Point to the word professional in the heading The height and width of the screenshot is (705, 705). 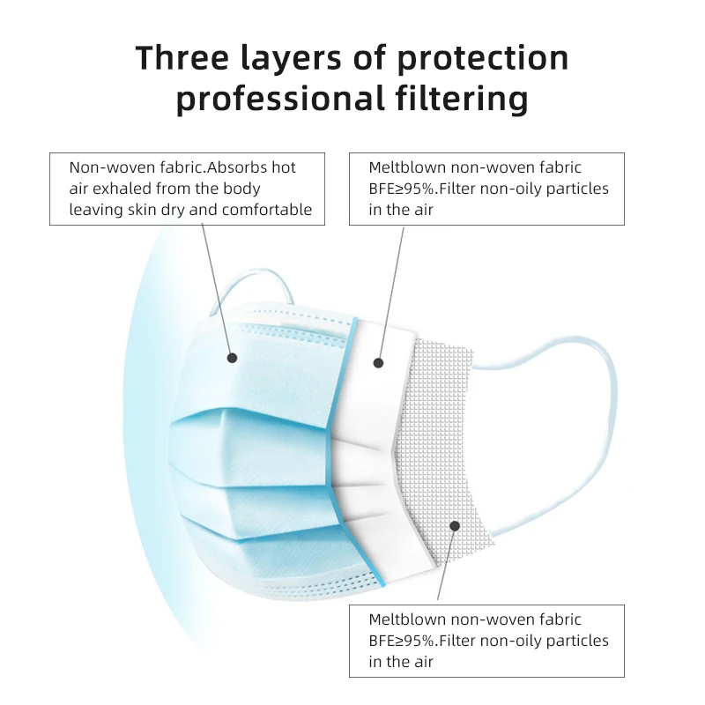pyautogui.click(x=273, y=100)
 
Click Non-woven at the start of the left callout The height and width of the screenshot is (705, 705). pyautogui.click(x=104, y=167)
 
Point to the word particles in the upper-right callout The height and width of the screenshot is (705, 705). pyautogui.click(x=574, y=189)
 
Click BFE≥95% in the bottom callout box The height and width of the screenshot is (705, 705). pyautogui.click(x=404, y=641)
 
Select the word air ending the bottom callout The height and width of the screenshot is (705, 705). pyautogui.click(x=424, y=662)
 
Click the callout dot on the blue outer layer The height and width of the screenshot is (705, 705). pyautogui.click(x=233, y=358)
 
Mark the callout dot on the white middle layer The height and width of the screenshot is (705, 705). pyautogui.click(x=378, y=362)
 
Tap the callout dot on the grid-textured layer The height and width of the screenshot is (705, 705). pyautogui.click(x=455, y=525)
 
